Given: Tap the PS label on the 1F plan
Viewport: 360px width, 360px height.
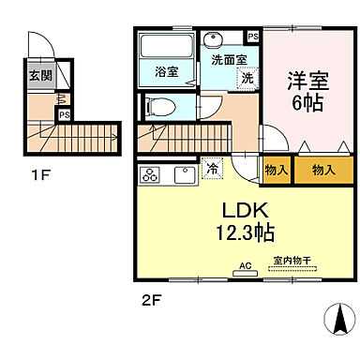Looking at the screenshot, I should [x=65, y=115].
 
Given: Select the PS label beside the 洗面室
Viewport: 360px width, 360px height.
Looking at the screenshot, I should [x=253, y=37].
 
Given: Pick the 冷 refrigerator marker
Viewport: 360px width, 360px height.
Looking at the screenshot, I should [x=213, y=171].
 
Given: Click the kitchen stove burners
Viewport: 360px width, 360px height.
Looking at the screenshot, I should [x=150, y=173].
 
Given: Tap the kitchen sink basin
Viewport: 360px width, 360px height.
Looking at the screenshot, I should [x=183, y=173].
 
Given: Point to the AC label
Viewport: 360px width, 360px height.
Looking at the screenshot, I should [x=247, y=264].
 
